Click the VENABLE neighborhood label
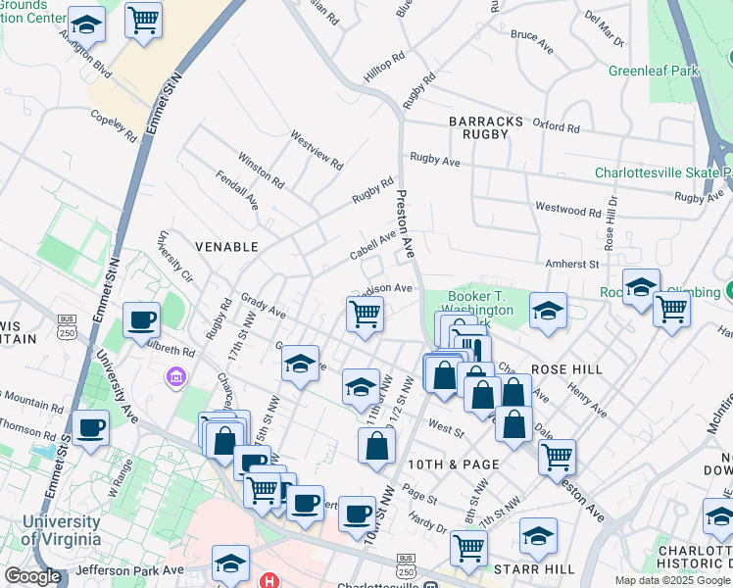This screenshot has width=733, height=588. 226,247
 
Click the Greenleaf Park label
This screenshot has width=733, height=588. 654,71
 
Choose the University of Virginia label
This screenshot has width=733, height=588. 60,530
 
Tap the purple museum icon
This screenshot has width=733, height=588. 176,376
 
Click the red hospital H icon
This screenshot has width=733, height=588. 268,581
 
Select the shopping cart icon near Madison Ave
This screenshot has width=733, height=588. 365,316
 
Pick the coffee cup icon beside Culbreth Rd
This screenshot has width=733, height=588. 141,320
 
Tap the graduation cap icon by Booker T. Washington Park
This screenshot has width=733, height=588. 548,312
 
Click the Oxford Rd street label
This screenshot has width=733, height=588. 556,127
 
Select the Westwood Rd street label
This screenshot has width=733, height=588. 567,210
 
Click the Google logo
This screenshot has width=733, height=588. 32,576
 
